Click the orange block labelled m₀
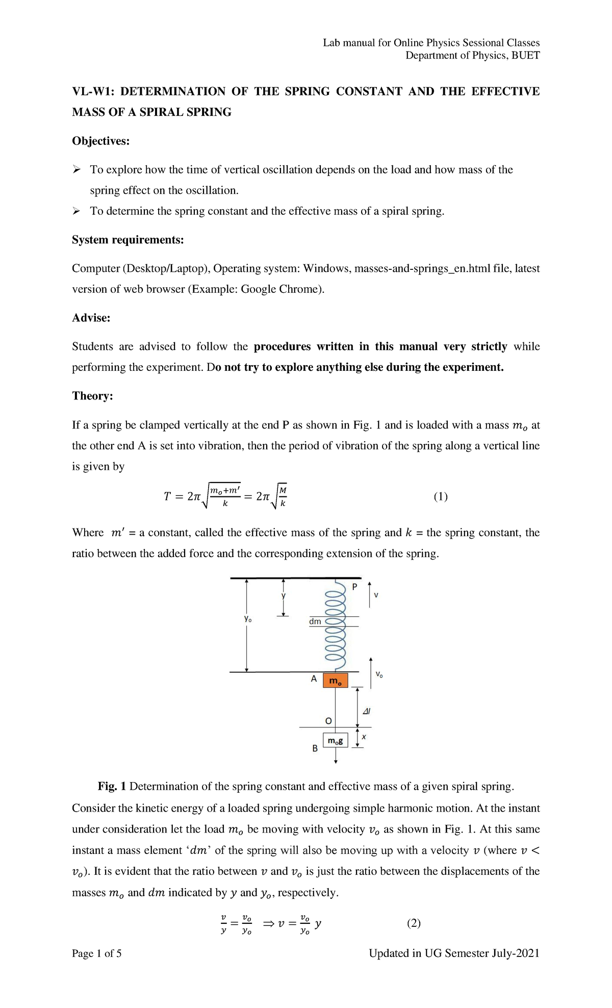[x=335, y=681]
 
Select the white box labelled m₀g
[x=335, y=740]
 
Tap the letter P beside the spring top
[x=355, y=587]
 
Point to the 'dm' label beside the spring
[x=315, y=621]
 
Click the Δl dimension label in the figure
[x=366, y=711]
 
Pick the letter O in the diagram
[x=328, y=720]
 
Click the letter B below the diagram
[x=315, y=748]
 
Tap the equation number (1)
[x=441, y=496]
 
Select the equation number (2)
[x=414, y=923]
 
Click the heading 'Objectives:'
[x=100, y=141]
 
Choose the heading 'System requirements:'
[x=127, y=240]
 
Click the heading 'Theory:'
[x=92, y=396]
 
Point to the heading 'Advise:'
[x=91, y=318]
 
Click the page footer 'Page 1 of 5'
[x=96, y=953]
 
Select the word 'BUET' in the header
[x=525, y=55]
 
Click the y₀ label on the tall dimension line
[x=248, y=619]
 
